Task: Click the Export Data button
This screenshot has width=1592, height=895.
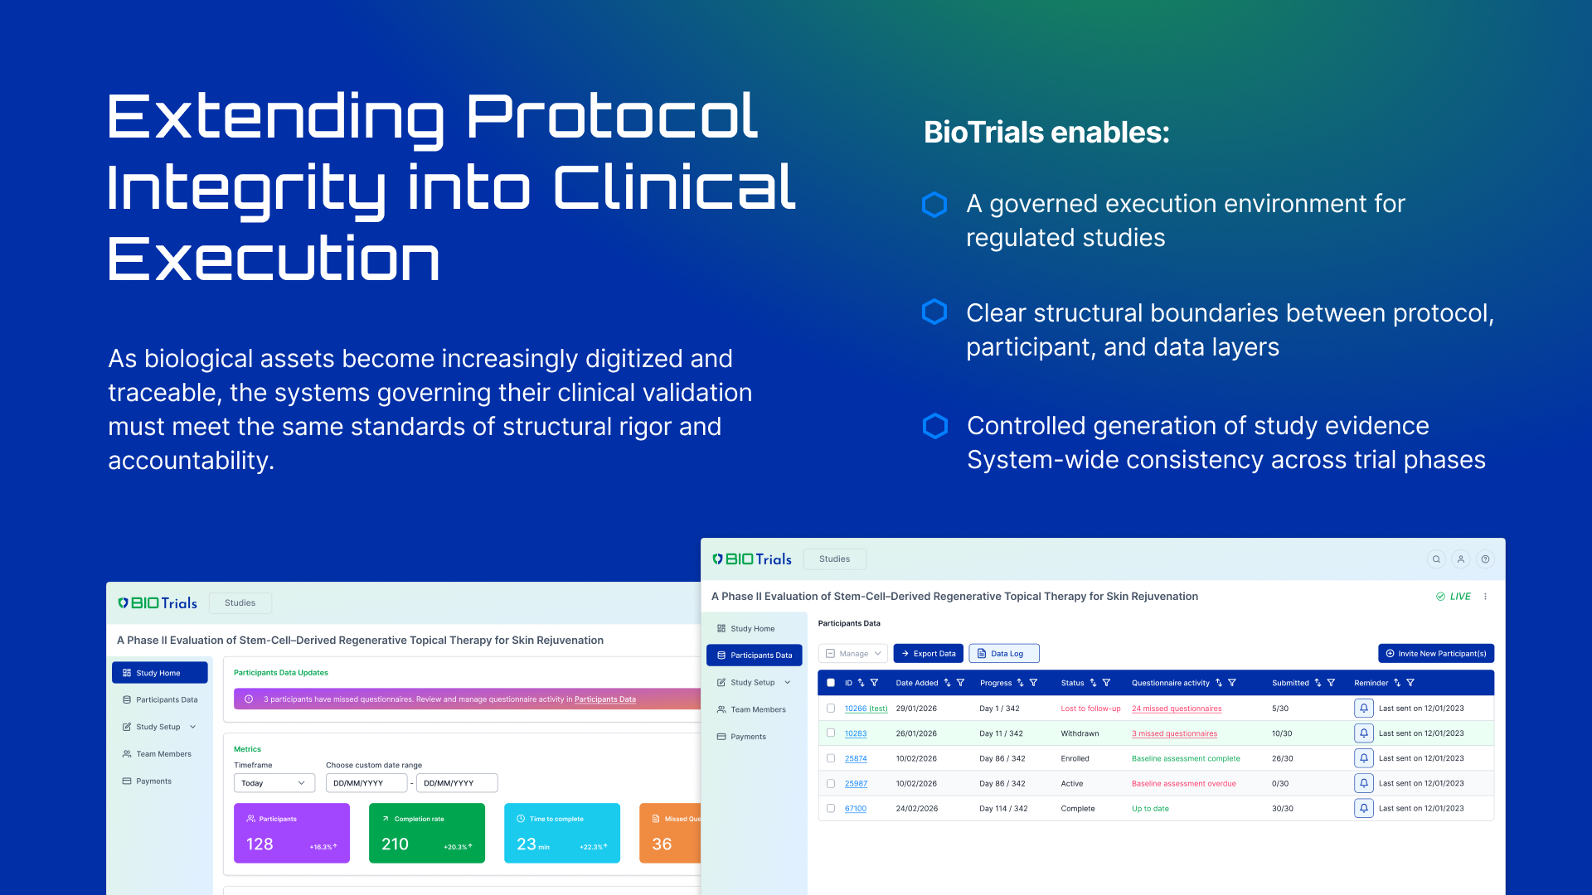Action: click(928, 654)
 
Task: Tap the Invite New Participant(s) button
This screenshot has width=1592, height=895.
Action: click(1435, 654)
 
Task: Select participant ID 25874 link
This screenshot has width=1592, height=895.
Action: click(856, 758)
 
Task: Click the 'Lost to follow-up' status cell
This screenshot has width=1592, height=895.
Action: click(1090, 709)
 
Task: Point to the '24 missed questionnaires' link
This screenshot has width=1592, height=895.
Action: click(1177, 709)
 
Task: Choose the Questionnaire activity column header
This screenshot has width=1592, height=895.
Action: click(1170, 683)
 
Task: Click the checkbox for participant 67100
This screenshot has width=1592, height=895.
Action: click(831, 808)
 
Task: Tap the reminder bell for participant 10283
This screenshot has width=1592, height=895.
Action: click(1363, 733)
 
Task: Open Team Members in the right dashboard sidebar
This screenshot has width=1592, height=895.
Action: click(757, 709)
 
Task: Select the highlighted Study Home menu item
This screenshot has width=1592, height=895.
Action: click(159, 673)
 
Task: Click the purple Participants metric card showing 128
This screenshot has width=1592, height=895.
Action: click(291, 833)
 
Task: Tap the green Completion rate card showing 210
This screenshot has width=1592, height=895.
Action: click(426, 833)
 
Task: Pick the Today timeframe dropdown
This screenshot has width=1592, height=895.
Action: click(274, 783)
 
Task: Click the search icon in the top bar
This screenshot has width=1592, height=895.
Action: click(1436, 559)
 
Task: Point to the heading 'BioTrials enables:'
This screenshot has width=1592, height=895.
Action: click(1046, 133)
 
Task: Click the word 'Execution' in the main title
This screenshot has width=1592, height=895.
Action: click(274, 259)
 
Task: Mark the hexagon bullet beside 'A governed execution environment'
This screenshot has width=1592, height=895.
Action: click(934, 205)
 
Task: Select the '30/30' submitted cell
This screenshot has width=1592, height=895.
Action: click(1282, 808)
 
